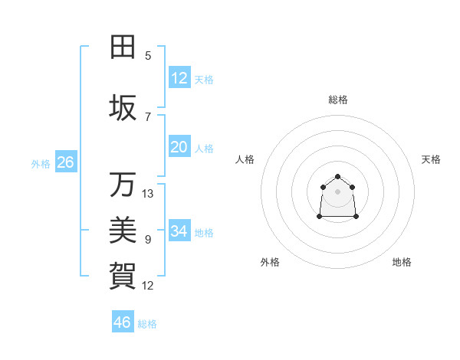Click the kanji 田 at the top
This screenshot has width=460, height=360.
tap(123, 47)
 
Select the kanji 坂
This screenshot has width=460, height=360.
tap(123, 109)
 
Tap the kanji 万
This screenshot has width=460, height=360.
tap(123, 185)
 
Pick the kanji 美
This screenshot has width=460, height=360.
tap(123, 229)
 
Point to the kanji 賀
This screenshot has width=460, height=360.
tap(123, 273)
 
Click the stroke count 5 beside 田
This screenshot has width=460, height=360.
tap(148, 55)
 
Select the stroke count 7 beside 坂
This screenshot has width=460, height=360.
tap(148, 116)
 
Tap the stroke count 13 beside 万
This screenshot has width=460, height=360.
tap(148, 194)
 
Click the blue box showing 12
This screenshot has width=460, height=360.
tap(179, 78)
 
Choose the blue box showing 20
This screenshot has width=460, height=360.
tap(179, 147)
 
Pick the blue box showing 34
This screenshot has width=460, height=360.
tap(179, 231)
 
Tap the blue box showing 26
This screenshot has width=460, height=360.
tap(65, 162)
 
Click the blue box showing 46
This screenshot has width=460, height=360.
tap(123, 322)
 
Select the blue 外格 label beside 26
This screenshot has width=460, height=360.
tap(41, 163)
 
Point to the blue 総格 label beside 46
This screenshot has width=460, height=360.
tap(148, 323)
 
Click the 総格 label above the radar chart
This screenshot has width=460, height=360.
tap(337, 100)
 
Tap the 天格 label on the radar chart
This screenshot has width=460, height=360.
tap(431, 159)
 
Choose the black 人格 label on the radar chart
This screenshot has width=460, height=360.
tap(245, 159)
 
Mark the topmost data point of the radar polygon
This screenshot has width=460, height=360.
tap(337, 176)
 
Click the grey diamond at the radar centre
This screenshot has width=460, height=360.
tap(337, 191)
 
